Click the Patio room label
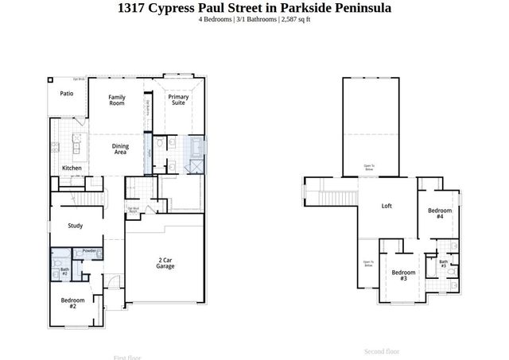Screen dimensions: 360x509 (67, 93)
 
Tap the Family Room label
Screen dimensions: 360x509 (117, 100)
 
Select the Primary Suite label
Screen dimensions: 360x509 (178, 100)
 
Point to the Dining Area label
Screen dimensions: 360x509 (120, 148)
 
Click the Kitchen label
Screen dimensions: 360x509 (72, 168)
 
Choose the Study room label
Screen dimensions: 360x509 (76, 226)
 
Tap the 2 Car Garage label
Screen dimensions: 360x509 (165, 263)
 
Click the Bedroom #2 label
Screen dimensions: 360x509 (72, 302)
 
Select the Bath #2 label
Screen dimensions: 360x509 (65, 272)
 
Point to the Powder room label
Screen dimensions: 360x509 (89, 251)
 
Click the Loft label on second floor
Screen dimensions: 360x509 (387, 206)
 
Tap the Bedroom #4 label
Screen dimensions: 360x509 (440, 213)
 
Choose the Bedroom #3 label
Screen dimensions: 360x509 (403, 275)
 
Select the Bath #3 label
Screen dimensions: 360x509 (444, 263)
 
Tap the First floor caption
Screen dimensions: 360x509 (129, 358)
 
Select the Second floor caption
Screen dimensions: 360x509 (382, 351)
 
